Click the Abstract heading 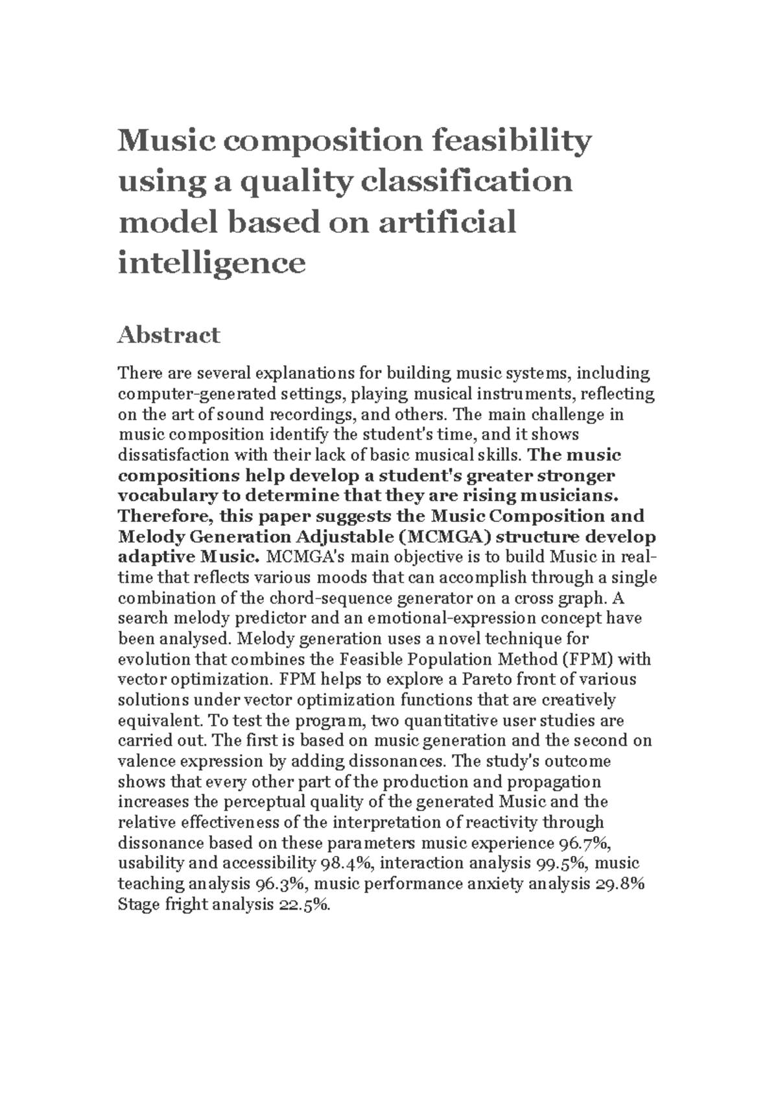click(x=169, y=335)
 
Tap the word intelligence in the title click(x=211, y=263)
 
